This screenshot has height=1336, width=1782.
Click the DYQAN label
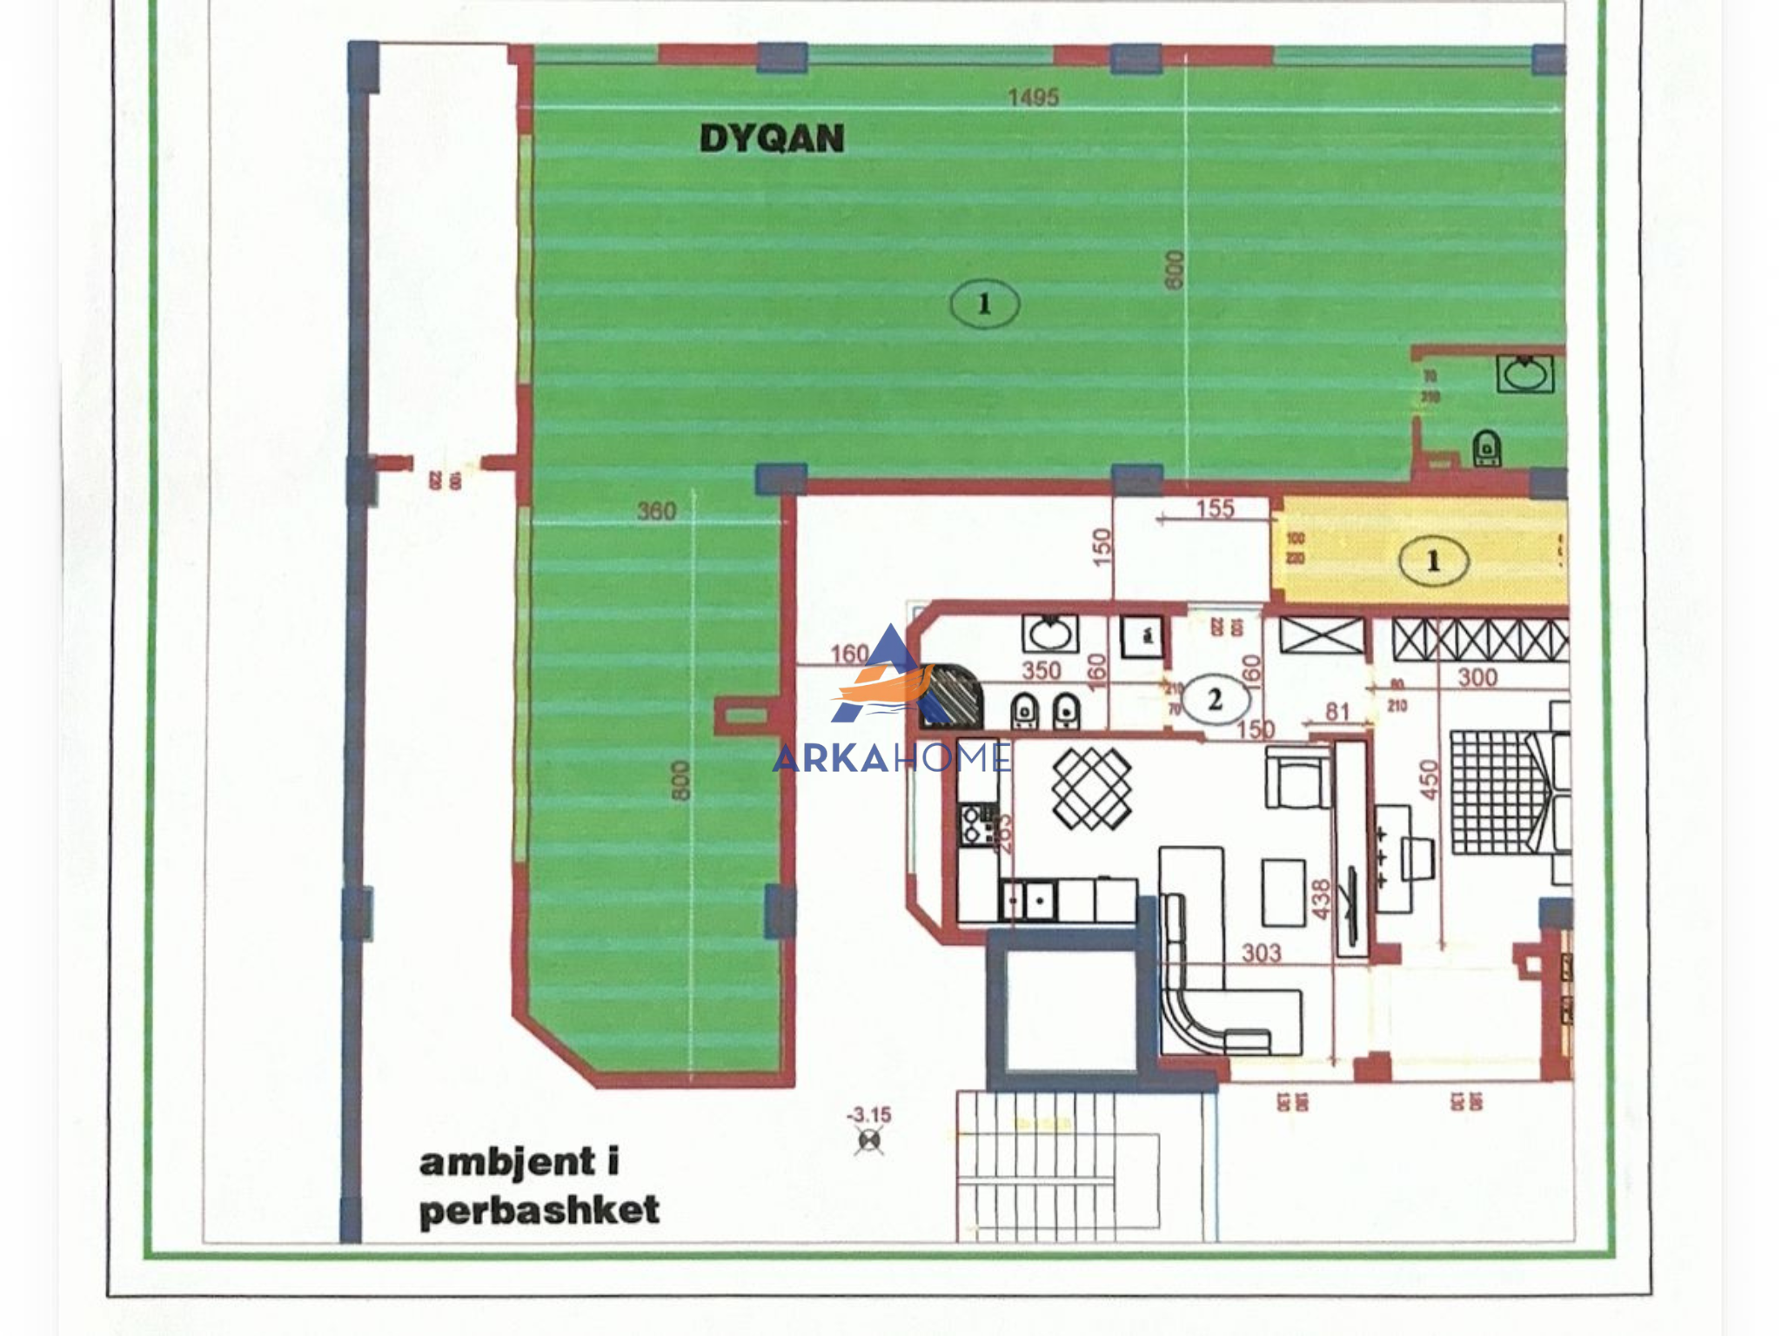coord(771,138)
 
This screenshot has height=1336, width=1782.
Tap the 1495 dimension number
coord(1033,97)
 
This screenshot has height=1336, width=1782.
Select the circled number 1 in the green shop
coord(984,304)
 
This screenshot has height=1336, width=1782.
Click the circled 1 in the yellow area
coord(1433,561)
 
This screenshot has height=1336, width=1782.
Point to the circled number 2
coord(1215,699)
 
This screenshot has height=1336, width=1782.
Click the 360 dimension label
coord(656,511)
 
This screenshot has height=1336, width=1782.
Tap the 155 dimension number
coord(1215,508)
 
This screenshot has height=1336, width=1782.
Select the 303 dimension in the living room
coord(1261,954)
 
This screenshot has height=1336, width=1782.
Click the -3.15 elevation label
coord(869,1115)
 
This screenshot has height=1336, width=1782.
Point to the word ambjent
coord(508,1163)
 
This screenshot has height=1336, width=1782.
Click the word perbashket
coord(539,1211)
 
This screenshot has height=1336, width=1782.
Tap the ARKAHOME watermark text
coord(891,758)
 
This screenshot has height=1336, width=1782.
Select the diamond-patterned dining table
coord(1091,789)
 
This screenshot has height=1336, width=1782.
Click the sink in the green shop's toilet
coord(1524,374)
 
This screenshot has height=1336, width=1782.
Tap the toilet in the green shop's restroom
coord(1486,448)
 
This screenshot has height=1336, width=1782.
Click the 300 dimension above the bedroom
coord(1477,677)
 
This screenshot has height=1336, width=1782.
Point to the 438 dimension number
coord(1321,899)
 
